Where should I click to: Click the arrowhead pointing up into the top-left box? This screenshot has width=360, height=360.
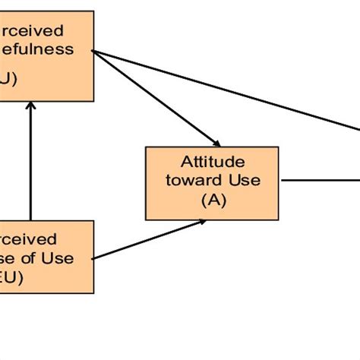30,106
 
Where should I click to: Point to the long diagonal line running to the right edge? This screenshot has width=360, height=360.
228,91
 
